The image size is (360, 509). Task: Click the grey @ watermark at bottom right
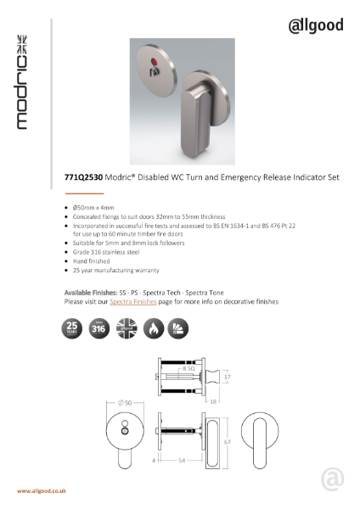333,480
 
